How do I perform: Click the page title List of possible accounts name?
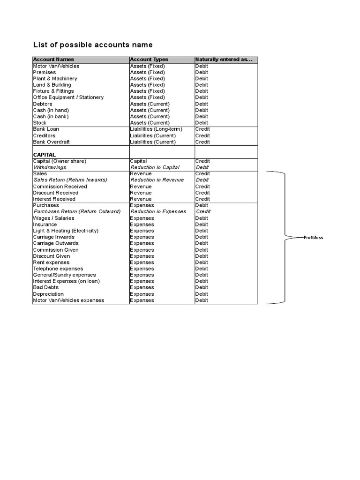93,45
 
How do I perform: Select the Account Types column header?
149,60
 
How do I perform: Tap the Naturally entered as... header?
224,60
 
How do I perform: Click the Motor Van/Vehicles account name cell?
56,66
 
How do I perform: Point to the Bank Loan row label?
46,129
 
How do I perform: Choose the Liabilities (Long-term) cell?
156,129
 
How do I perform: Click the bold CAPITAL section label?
45,155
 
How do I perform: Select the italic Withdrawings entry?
50,167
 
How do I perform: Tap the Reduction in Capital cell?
155,167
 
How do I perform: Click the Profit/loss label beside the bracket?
313,238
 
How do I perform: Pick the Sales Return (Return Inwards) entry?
70,180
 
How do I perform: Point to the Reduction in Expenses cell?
158,211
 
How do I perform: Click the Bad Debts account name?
45,287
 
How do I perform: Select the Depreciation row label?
48,294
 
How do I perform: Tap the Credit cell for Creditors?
202,135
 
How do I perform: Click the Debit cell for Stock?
202,123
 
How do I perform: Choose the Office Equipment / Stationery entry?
68,97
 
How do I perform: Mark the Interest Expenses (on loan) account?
66,281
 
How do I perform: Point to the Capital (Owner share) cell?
60,161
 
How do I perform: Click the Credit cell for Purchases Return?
203,211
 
